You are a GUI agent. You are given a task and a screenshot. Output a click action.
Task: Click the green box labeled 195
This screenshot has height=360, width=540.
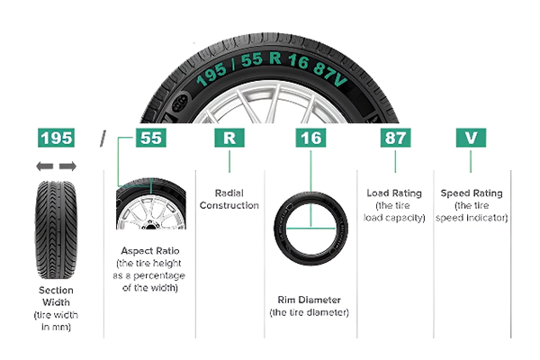point(56,139)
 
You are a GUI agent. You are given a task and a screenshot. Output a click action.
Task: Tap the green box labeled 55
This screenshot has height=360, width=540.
point(151,139)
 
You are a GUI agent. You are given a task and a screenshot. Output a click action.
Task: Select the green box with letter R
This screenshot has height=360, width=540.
point(229,139)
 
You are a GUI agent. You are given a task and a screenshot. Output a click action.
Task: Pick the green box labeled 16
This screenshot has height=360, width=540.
point(309,139)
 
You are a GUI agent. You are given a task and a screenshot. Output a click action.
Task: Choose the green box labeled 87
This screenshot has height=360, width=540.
point(394,139)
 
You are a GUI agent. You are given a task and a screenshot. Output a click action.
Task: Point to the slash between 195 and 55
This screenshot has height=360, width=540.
point(104,139)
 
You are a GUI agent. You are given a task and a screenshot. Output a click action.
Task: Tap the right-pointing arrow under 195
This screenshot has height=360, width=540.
point(67,166)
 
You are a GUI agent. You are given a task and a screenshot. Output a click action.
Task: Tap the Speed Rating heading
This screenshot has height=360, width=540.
point(472,193)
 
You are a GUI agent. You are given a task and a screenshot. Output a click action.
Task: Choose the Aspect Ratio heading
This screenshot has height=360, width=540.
point(151,249)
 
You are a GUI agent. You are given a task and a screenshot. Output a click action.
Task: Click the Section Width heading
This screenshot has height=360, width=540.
point(56,296)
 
